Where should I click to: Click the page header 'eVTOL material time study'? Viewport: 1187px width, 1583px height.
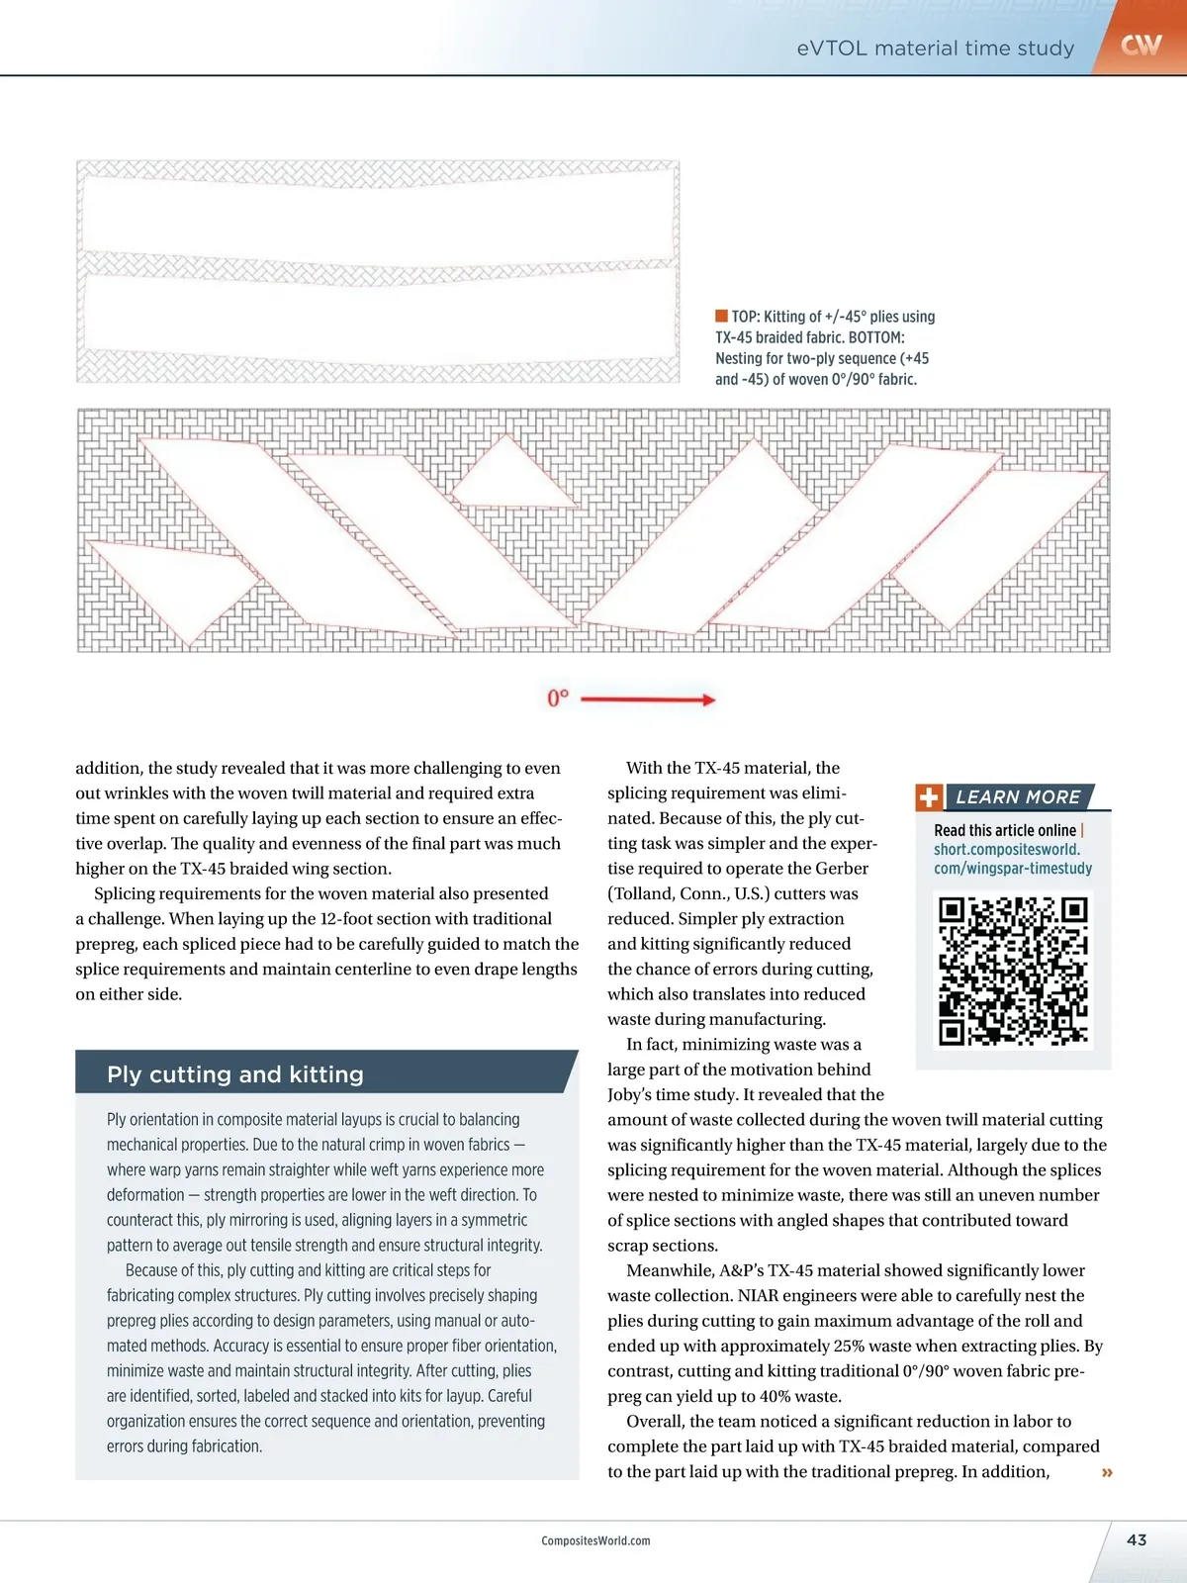point(935,47)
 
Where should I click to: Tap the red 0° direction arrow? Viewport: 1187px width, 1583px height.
point(648,699)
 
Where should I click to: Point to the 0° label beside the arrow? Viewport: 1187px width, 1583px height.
point(558,698)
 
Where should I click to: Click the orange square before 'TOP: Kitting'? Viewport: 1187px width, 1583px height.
point(721,317)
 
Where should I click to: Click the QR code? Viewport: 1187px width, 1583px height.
point(1013,971)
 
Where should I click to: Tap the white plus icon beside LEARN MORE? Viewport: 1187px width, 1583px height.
point(929,797)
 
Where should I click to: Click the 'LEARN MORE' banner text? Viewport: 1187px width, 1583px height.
point(1018,797)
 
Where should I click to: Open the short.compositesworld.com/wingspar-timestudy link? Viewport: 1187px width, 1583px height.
point(1012,859)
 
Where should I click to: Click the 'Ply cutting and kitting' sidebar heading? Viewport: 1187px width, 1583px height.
point(235,1074)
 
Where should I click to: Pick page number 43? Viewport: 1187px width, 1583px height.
point(1137,1539)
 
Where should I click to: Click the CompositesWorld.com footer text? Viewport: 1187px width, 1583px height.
point(595,1540)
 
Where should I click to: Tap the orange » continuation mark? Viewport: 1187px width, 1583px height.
point(1107,1473)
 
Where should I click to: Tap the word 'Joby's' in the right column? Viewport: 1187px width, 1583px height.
point(633,1095)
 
